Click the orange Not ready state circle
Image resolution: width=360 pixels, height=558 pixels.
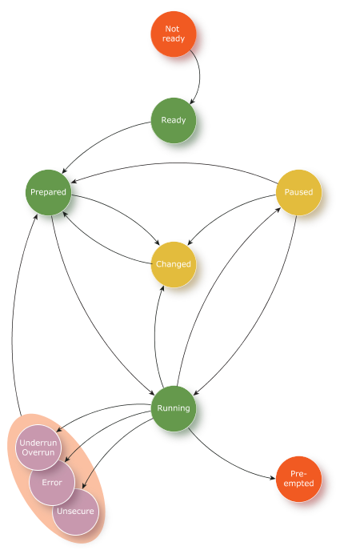(x=174, y=34)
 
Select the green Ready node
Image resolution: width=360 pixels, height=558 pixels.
(x=174, y=120)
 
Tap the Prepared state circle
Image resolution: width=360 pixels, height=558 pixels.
(x=48, y=192)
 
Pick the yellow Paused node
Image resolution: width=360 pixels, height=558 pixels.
(x=299, y=192)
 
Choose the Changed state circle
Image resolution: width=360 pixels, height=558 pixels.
(x=174, y=264)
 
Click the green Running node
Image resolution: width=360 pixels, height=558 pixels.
(x=174, y=408)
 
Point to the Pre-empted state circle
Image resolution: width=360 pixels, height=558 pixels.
(x=299, y=479)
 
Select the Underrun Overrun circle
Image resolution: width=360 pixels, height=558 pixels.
(x=38, y=448)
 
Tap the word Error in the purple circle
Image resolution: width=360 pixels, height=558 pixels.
(x=52, y=483)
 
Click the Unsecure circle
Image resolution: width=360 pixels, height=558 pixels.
(x=76, y=512)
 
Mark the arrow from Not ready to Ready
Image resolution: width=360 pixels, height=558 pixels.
(x=199, y=77)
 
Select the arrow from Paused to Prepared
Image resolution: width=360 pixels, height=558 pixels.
(x=174, y=163)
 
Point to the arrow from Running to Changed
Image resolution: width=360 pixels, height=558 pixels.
(x=155, y=338)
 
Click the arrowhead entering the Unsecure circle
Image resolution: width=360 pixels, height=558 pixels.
(x=84, y=485)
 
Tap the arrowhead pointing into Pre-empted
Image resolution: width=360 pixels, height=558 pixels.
(x=274, y=478)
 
